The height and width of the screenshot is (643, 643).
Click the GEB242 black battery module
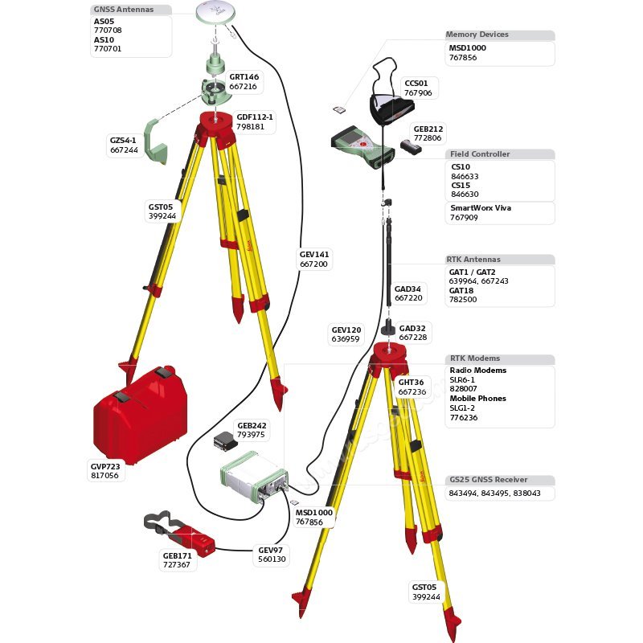pos(224,440)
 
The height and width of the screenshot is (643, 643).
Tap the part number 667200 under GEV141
pos(313,264)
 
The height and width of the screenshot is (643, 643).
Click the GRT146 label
pos(244,77)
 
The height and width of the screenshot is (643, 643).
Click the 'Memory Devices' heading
pos(477,35)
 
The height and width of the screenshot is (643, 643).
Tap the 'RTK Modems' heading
pos(474,358)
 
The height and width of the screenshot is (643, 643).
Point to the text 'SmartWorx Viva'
pos(480,208)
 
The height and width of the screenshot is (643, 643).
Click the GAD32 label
pos(412,328)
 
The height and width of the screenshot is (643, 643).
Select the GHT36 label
pos(410,383)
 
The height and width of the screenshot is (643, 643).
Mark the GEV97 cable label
pos(270,551)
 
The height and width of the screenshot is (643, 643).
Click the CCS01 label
pos(416,83)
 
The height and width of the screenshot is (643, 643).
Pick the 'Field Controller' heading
pos(479,154)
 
